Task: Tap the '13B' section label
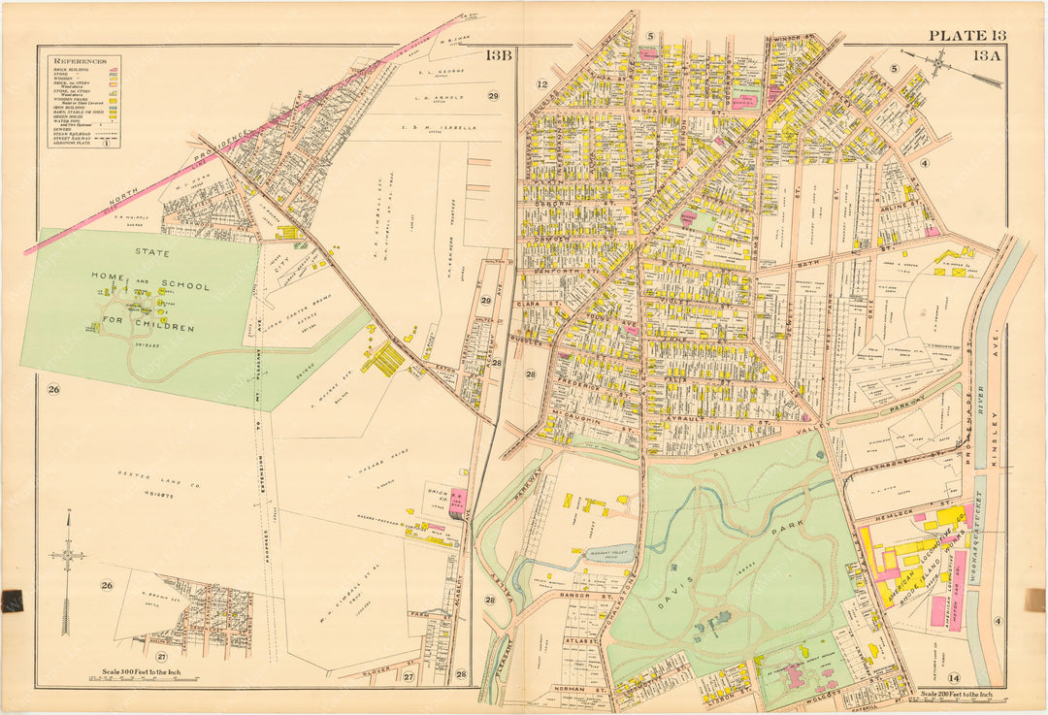498,55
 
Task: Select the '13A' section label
988,56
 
